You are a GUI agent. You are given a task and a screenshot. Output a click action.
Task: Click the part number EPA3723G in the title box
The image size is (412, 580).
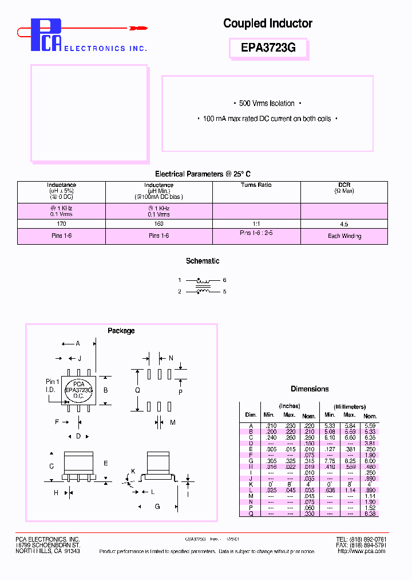(x=268, y=49)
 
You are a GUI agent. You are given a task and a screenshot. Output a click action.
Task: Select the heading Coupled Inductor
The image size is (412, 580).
(x=267, y=23)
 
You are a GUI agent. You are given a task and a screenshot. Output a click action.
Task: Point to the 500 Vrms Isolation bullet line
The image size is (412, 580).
(x=267, y=104)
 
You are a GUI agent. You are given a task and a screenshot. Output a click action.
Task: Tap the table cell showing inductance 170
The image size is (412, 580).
(x=61, y=225)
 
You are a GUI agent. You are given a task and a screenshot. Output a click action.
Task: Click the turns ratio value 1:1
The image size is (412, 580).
(x=256, y=225)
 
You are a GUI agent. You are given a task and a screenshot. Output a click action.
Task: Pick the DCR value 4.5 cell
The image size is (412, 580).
(x=344, y=225)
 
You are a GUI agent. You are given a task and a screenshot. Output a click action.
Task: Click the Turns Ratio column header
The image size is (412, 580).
(x=256, y=185)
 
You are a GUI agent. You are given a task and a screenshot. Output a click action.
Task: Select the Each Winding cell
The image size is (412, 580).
(x=344, y=236)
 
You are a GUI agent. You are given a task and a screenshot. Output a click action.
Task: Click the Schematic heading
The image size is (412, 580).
(x=203, y=261)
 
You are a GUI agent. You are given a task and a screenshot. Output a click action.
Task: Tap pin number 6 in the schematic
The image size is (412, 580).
(x=225, y=280)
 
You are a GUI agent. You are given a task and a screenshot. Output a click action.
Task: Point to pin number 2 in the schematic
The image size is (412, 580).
(x=180, y=292)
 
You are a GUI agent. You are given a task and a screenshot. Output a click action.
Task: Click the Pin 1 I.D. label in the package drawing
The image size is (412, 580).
(x=52, y=386)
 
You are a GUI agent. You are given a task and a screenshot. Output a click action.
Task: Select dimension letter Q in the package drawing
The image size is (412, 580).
(x=137, y=390)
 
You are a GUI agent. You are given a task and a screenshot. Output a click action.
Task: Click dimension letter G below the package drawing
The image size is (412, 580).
(x=157, y=507)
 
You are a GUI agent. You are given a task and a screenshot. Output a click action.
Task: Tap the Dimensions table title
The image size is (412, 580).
(x=310, y=389)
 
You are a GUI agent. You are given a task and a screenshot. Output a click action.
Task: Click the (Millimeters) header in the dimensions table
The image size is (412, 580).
(x=349, y=406)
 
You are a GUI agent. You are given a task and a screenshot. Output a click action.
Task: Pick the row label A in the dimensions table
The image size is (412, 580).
(x=251, y=425)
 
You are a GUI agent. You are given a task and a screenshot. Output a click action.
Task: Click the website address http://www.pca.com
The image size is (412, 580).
(x=361, y=551)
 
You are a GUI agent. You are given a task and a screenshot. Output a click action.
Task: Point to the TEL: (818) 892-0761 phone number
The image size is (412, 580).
(x=360, y=539)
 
